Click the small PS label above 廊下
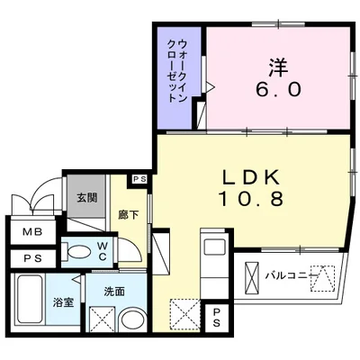coord(139,180)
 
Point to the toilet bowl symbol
coord(79,251)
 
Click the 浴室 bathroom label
coord(62,303)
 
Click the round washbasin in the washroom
coord(134,320)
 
